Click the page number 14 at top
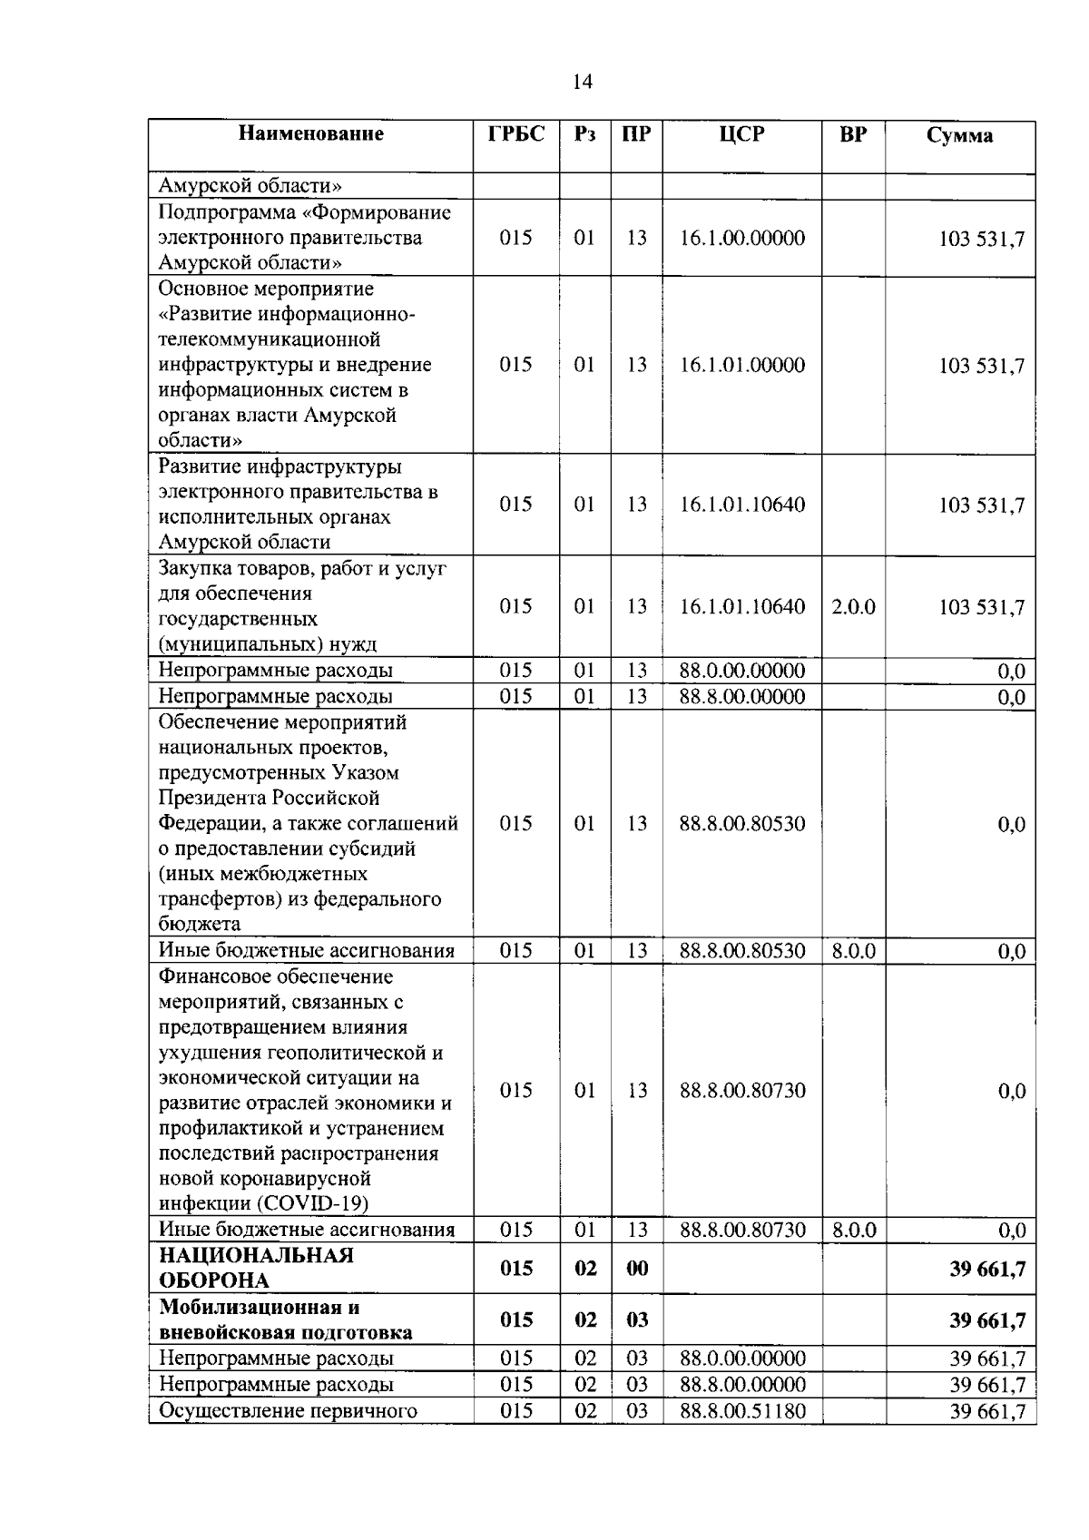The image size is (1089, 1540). pyautogui.click(x=582, y=82)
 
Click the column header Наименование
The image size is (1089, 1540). pyautogui.click(x=310, y=134)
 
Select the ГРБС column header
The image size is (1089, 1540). pyautogui.click(x=515, y=134)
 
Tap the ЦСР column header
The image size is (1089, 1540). pyautogui.click(x=741, y=134)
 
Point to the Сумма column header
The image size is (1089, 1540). pyautogui.click(x=959, y=136)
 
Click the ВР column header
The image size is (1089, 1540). pyautogui.click(x=853, y=134)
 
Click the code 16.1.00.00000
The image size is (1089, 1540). pyautogui.click(x=741, y=238)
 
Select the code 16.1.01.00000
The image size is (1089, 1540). pyautogui.click(x=741, y=365)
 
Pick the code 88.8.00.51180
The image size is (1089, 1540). pyautogui.click(x=741, y=1410)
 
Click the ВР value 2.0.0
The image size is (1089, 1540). pyautogui.click(x=853, y=606)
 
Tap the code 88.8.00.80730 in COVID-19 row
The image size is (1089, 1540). pyautogui.click(x=741, y=1090)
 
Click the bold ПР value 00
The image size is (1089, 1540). pyautogui.click(x=637, y=1268)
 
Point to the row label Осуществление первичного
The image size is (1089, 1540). pyautogui.click(x=288, y=1410)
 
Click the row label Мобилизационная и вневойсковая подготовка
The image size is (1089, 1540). pyautogui.click(x=285, y=1319)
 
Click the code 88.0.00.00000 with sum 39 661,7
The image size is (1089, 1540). pyautogui.click(x=741, y=1359)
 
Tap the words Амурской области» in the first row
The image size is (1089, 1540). pyautogui.click(x=250, y=186)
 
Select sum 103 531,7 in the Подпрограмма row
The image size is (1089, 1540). pyautogui.click(x=981, y=239)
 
